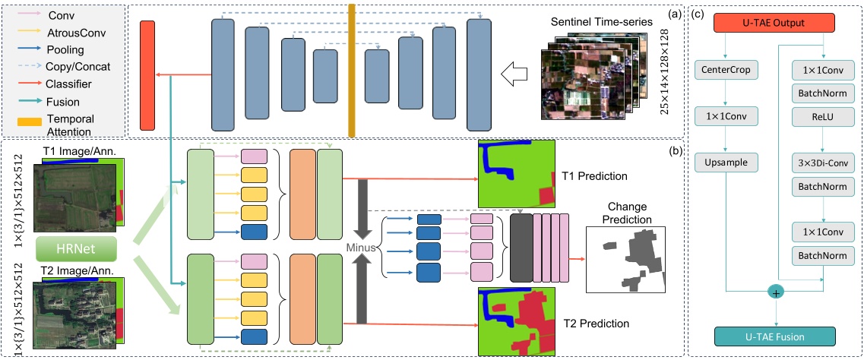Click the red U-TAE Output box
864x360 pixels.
click(x=771, y=24)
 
